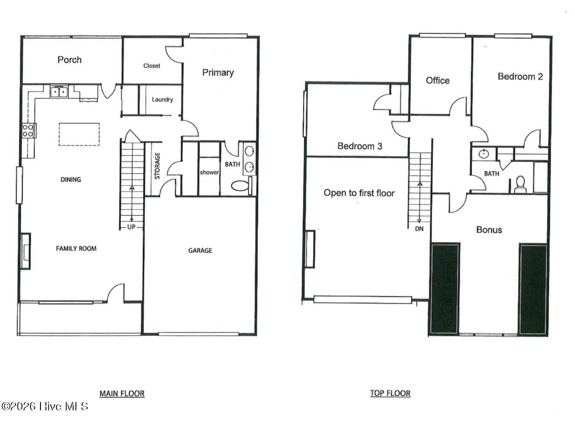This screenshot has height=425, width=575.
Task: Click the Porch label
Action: pyautogui.click(x=69, y=60)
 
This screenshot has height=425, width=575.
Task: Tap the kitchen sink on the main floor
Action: pyautogui.click(x=59, y=92)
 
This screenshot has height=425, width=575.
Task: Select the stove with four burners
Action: pyautogui.click(x=28, y=131)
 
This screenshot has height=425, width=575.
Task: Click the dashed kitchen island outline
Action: pyautogui.click(x=79, y=134)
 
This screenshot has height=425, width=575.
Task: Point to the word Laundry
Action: pyautogui.click(x=162, y=100)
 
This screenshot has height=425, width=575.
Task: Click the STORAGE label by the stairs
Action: pyautogui.click(x=157, y=166)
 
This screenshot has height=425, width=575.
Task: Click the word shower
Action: pyautogui.click(x=209, y=172)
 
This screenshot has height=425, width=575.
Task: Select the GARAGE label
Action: pyautogui.click(x=200, y=250)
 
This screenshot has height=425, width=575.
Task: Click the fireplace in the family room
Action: pyautogui.click(x=25, y=251)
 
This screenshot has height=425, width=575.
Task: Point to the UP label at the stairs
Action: pyautogui.click(x=131, y=227)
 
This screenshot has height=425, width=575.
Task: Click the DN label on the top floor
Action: pyautogui.click(x=419, y=229)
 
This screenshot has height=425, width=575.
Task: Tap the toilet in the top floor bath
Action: pyautogui.click(x=520, y=184)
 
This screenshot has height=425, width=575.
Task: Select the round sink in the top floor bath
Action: pyautogui.click(x=484, y=154)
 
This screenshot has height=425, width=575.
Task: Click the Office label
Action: pyautogui.click(x=438, y=80)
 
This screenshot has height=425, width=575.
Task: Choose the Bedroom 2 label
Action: pyautogui.click(x=520, y=76)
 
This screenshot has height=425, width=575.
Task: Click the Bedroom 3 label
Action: pyautogui.click(x=360, y=146)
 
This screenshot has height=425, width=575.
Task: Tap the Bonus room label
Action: pyautogui.click(x=489, y=230)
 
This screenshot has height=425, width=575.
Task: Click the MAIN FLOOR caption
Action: pyautogui.click(x=122, y=393)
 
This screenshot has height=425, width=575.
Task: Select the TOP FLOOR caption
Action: pyautogui.click(x=390, y=393)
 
